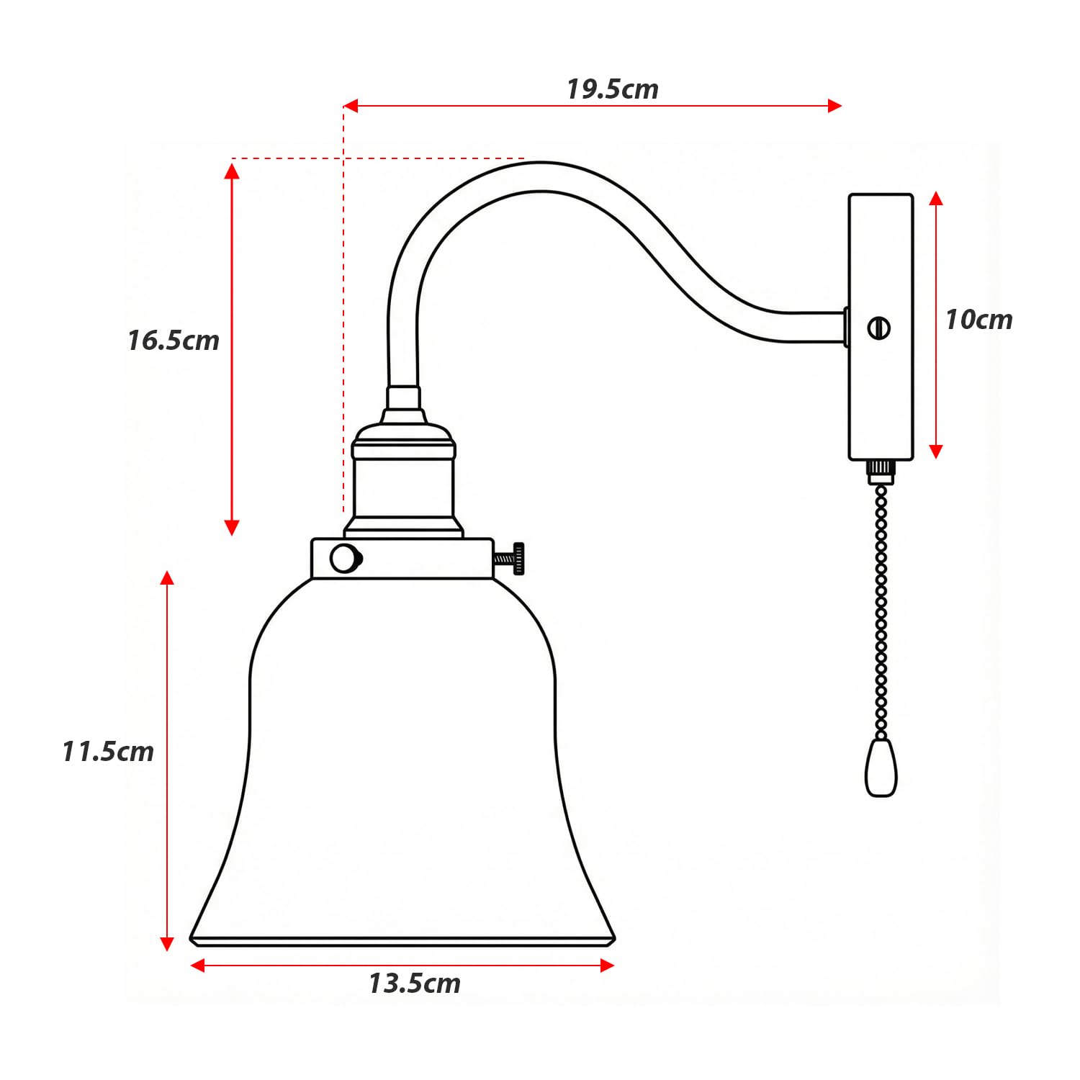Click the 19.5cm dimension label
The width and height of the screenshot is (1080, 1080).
click(x=612, y=89)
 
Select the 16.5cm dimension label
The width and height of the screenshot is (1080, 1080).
click(x=174, y=341)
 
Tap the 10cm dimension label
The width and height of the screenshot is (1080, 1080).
click(x=978, y=320)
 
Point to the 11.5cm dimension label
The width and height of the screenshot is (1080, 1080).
click(x=108, y=752)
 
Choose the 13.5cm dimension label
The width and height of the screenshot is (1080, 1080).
click(x=415, y=984)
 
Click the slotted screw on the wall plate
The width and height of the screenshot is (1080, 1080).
click(x=879, y=328)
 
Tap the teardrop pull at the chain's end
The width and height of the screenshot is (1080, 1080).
click(x=881, y=768)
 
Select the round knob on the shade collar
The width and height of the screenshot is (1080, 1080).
click(x=345, y=559)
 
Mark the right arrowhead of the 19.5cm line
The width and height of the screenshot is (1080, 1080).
click(x=834, y=106)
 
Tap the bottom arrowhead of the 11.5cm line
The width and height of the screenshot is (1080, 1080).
click(x=167, y=943)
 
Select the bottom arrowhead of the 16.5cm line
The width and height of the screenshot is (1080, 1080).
click(x=232, y=528)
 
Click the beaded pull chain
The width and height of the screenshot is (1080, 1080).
click(x=881, y=612)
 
